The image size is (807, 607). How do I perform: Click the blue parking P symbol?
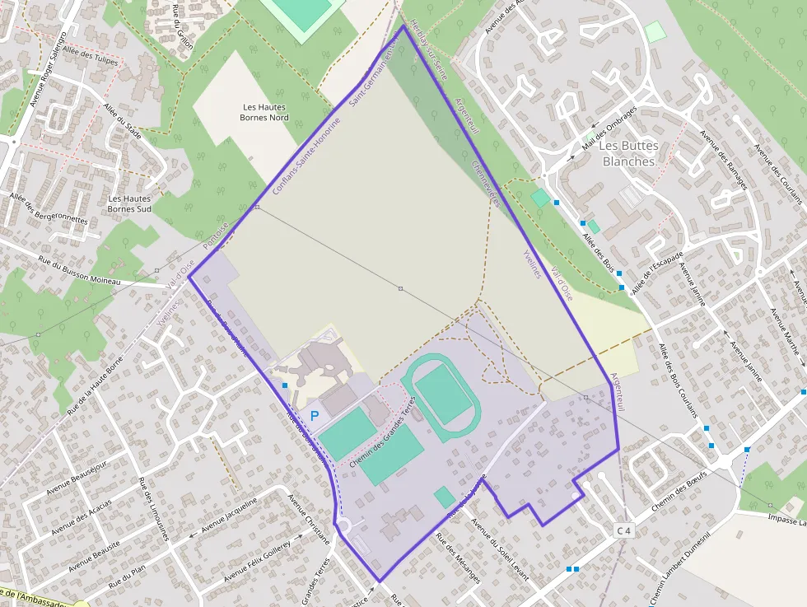[314, 417]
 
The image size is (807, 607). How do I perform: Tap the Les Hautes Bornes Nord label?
[266, 112]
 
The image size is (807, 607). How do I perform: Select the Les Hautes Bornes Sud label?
[129, 203]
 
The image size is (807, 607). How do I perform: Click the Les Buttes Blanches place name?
[630, 153]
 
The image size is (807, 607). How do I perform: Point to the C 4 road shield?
[624, 530]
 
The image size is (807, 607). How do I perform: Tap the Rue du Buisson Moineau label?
[79, 271]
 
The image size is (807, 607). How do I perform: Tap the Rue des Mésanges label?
[458, 559]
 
